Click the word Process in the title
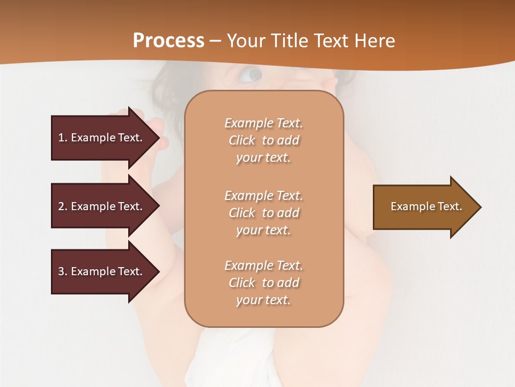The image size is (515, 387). [x=168, y=41]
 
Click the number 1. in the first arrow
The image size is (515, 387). [x=63, y=138]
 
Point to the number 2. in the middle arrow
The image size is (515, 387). [x=63, y=206]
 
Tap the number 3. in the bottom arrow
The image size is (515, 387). [x=63, y=271]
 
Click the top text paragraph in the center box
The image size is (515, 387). [x=263, y=140]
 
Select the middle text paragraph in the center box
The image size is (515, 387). [x=263, y=213]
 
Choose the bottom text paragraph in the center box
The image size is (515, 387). [x=263, y=283]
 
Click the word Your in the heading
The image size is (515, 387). [x=246, y=41]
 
